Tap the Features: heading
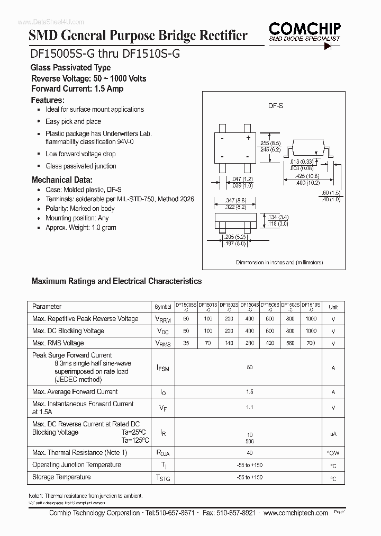pos(48,100)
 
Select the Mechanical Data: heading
pos(62,180)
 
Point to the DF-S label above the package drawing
pos(276,106)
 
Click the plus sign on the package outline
pos(248,138)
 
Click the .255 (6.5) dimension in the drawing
pos(270,144)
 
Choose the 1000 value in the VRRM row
pos(311,319)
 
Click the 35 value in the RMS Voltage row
pos(186,343)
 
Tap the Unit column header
pos(333,307)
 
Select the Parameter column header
pos(47,307)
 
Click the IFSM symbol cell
pos(162,368)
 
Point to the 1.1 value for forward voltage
pos(250,407)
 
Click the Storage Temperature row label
pos(61,477)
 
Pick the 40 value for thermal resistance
pos(250,453)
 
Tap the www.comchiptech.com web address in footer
pos(295,513)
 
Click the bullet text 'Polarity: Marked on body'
pos(80,208)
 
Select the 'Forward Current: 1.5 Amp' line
pos(77,89)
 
